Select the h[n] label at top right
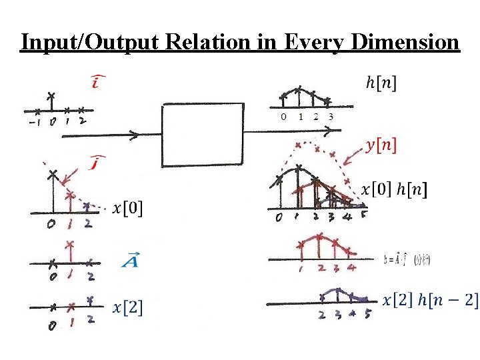coord(381,83)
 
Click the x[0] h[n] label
coord(394,189)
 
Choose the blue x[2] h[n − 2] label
coord(430,300)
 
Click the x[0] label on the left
coord(127,209)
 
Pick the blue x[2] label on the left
coord(127,307)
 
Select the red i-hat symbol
coord(98,83)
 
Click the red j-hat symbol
coord(98,161)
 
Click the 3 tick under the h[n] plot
coord(331,117)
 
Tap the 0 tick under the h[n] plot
coord(283,117)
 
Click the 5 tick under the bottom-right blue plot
coord(368,315)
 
